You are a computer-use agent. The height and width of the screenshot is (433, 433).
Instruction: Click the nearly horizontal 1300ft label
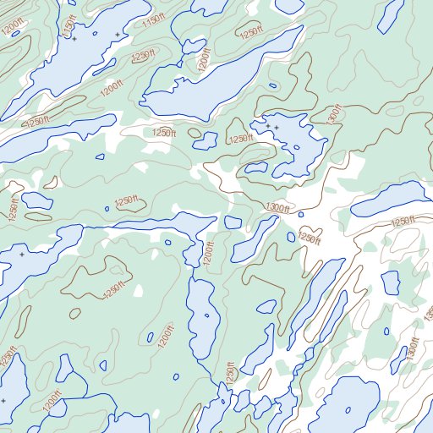tap(277, 207)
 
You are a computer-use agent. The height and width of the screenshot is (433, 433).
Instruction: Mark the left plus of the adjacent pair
tap(269, 126)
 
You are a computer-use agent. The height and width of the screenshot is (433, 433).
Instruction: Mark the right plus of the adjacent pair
tap(277, 127)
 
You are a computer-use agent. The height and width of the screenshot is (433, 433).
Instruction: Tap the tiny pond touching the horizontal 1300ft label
tap(300, 214)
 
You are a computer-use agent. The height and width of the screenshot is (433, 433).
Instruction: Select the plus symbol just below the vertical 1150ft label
tap(74, 39)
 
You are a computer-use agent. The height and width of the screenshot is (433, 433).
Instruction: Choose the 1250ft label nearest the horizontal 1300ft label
tap(310, 238)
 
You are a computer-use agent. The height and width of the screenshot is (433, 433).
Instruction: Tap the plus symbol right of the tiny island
tap(117, 35)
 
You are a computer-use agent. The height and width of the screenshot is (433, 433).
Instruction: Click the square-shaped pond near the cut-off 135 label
tap(390, 281)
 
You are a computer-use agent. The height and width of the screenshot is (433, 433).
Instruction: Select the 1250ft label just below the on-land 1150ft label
tap(144, 55)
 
